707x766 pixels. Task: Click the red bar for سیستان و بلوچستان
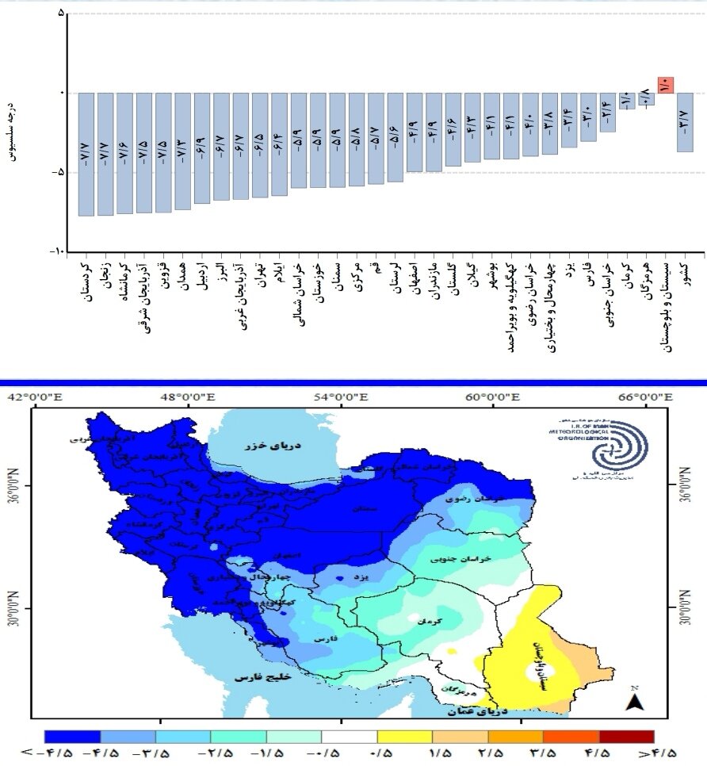[x=666, y=85]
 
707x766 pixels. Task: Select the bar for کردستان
[x=86, y=154]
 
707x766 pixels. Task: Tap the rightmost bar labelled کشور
[x=685, y=122]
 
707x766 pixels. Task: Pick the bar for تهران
[x=259, y=145]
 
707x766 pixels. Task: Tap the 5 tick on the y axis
[x=61, y=14]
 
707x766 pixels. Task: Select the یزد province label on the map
[x=361, y=579]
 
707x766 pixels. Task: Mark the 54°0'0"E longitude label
[x=342, y=397]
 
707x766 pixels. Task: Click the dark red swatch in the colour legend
[x=626, y=736]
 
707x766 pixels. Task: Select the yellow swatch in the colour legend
[x=404, y=736]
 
